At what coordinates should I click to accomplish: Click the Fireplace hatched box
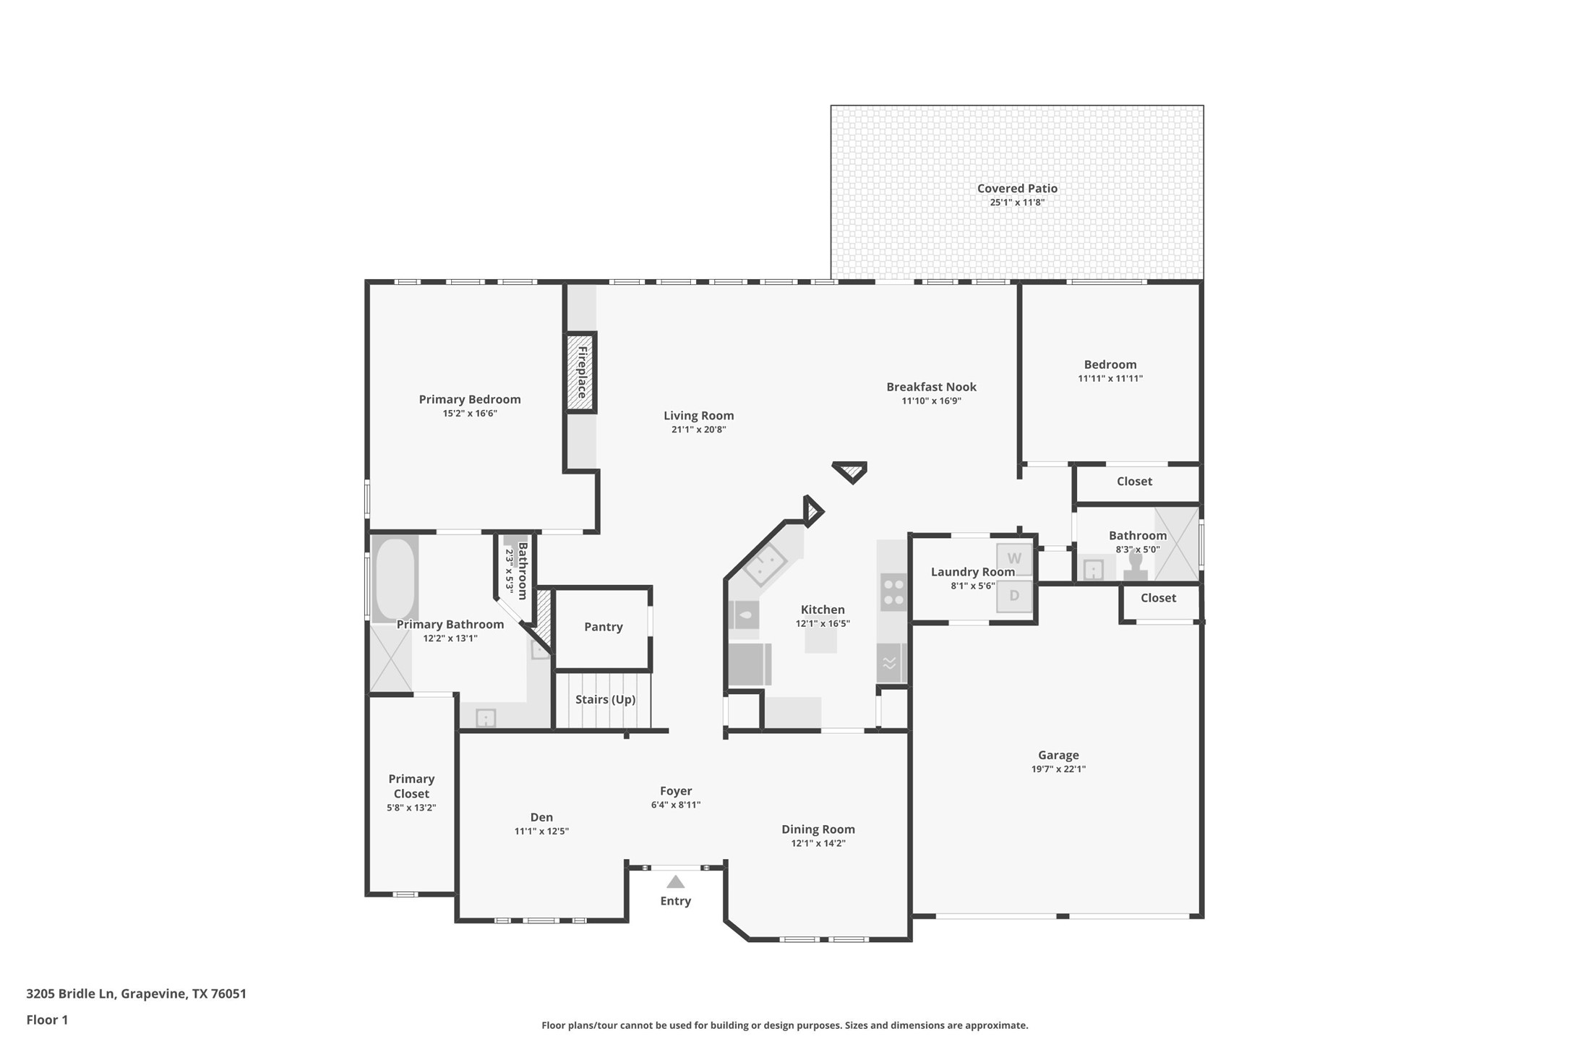pos(580,372)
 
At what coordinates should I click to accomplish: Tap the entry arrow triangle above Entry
pos(675,881)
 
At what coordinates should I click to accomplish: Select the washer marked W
pos(1014,559)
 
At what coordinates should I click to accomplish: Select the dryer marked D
pos(1014,596)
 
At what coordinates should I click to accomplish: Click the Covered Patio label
pos(1017,189)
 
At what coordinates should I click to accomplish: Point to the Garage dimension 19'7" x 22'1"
pos(1058,769)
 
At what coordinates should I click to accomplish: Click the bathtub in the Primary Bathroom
pos(395,578)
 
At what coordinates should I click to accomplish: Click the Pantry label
pos(603,627)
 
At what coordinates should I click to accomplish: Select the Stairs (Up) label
pos(605,699)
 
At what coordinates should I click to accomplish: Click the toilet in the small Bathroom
pos(1135,567)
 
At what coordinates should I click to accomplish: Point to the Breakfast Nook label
pos(931,387)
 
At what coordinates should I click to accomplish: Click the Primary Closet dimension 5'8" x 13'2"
pos(411,808)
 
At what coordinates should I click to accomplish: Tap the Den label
pos(541,817)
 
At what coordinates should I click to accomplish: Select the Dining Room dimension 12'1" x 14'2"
pos(818,843)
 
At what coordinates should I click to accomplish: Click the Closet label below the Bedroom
pos(1134,482)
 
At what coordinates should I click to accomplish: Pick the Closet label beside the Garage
pos(1158,598)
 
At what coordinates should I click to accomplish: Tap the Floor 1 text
pos(47,1020)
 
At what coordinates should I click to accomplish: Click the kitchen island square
pos(820,641)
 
